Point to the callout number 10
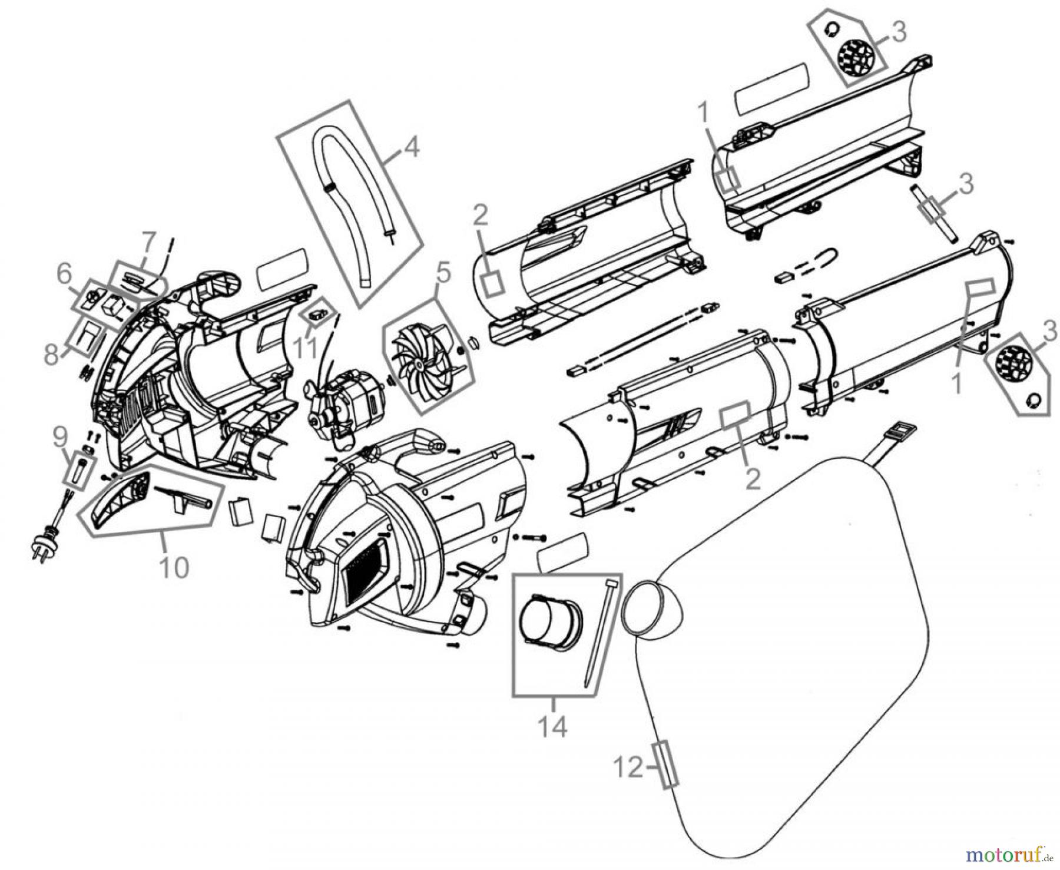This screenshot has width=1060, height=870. (x=174, y=567)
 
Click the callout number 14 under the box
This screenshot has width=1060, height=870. (x=553, y=727)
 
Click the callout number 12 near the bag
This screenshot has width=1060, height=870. (x=628, y=768)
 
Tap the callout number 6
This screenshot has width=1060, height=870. (x=64, y=274)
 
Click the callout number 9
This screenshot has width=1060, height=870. (x=59, y=438)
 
